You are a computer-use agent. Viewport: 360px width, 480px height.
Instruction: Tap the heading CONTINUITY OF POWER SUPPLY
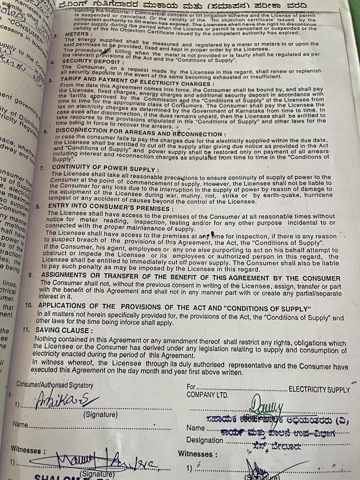pos(105,168)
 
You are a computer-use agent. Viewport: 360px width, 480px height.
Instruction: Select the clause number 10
pos(28,305)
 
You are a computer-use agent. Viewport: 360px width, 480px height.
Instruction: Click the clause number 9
pos(30,275)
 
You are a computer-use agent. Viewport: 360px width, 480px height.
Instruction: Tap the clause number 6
pos(46,131)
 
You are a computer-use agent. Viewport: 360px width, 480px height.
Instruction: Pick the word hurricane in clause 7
pos(318,195)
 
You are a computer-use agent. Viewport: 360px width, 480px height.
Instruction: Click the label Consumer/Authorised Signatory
pos(55,385)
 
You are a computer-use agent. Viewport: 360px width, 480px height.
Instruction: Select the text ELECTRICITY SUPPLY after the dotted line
pos(319,390)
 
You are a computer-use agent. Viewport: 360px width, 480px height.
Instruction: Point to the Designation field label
pos(204,440)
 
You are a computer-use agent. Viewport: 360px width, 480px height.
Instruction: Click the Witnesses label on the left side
pos(28,450)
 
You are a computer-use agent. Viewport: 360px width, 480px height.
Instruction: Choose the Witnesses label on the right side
pos(197,454)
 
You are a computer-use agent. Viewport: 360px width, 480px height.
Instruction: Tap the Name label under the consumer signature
pos(20,425)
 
